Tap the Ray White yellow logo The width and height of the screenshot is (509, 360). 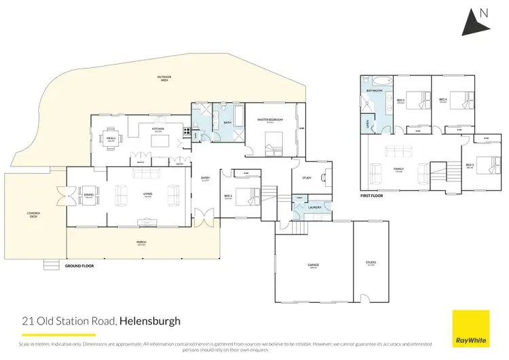click(x=471, y=328)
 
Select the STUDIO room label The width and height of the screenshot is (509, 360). click(x=371, y=262)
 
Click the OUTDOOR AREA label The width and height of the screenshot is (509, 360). click(x=165, y=79)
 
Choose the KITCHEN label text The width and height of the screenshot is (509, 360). click(x=158, y=128)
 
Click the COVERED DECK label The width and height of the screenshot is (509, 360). click(x=33, y=214)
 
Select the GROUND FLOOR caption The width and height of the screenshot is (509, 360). click(x=79, y=266)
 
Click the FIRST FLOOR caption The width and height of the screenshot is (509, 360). click(x=373, y=196)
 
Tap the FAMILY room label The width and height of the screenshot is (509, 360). click(x=398, y=169)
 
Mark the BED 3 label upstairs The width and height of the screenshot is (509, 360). click(x=469, y=165)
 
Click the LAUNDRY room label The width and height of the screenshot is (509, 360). click(x=314, y=207)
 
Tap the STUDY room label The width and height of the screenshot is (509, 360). click(x=306, y=180)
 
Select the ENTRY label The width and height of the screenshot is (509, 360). click(x=205, y=179)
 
